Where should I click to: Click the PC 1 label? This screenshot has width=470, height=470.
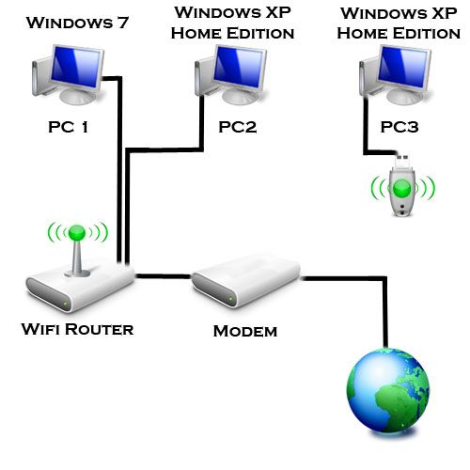(x=68, y=127)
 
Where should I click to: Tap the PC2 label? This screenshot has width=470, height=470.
(x=238, y=127)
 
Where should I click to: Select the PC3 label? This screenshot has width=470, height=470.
(x=399, y=127)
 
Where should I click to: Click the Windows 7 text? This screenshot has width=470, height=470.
(x=77, y=23)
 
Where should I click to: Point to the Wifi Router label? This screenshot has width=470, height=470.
(x=77, y=329)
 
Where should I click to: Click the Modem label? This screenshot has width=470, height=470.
(x=245, y=331)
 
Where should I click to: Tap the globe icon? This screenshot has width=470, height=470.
(x=388, y=392)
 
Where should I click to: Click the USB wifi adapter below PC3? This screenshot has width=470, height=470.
(x=402, y=186)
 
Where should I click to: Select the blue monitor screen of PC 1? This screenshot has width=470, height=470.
(x=76, y=67)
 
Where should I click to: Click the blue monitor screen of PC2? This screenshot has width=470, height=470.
(x=239, y=67)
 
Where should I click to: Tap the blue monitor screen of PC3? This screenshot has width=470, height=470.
(x=403, y=67)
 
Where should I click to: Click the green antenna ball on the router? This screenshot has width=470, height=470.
(x=77, y=233)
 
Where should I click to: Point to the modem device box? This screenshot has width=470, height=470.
(x=246, y=281)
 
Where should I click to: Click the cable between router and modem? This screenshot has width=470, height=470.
(x=164, y=276)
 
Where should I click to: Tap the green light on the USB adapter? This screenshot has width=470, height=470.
(x=402, y=188)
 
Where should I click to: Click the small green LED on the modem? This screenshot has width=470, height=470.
(x=231, y=299)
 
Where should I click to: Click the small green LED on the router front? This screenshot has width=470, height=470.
(x=65, y=304)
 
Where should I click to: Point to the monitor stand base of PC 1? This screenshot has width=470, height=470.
(x=78, y=96)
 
